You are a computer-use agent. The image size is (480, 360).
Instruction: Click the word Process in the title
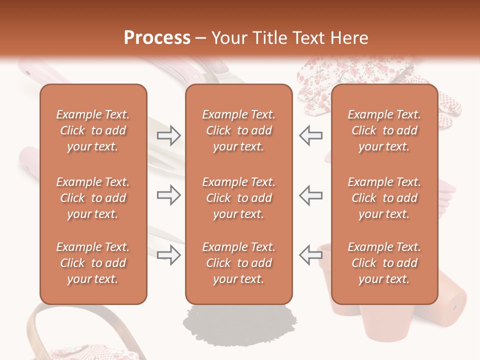tap(157, 38)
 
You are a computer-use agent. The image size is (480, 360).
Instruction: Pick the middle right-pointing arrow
tap(168, 195)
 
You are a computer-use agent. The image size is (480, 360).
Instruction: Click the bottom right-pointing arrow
tap(168, 255)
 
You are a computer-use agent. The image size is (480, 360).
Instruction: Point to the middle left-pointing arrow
tap(311, 195)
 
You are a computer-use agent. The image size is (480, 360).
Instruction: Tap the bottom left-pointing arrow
tap(311, 255)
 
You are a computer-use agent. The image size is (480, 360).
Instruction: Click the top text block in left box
tap(93, 130)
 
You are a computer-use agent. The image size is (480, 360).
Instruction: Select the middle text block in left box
tap(93, 198)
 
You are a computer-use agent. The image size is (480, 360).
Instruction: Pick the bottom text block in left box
tap(93, 263)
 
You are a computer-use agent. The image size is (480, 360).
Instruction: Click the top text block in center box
tap(238, 130)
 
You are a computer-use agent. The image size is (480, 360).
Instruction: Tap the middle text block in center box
tap(238, 198)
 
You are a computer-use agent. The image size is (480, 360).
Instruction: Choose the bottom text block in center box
tap(238, 263)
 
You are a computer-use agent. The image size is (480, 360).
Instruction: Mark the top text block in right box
tap(384, 130)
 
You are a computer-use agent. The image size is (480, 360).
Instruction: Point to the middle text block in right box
tap(384, 198)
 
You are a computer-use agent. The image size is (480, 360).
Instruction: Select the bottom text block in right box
tap(384, 263)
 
